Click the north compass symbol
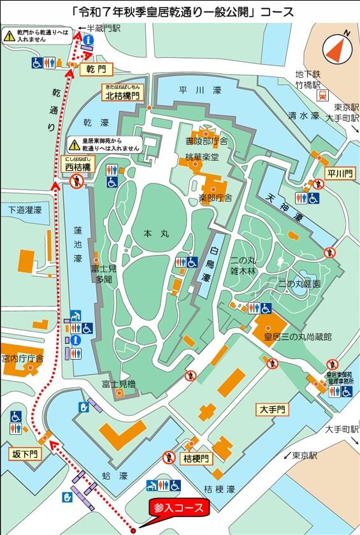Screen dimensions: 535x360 click(x=337, y=47)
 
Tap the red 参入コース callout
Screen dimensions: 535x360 click(x=178, y=508)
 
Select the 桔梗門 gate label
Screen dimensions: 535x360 click(x=197, y=459)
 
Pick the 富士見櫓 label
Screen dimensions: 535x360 click(x=119, y=384)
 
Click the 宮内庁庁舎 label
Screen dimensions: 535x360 click(x=22, y=358)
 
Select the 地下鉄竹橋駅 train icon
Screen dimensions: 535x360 click(x=323, y=94)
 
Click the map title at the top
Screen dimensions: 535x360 click(x=180, y=11)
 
